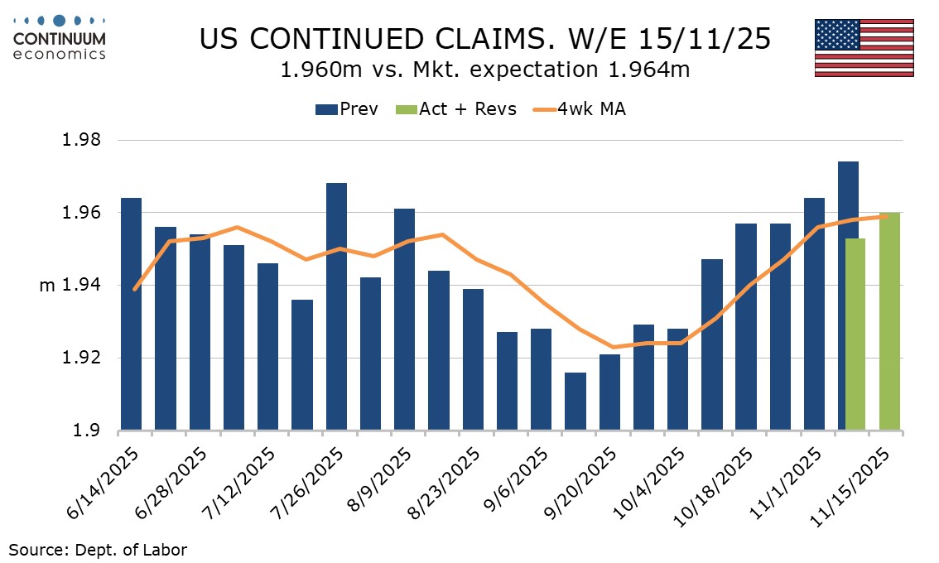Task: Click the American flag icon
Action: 864,47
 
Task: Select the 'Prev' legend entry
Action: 348,109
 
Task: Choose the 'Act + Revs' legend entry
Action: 456,109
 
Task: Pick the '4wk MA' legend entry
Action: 579,109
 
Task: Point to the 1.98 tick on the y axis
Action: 83,140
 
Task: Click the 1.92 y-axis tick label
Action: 83,358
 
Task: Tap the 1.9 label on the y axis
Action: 89,431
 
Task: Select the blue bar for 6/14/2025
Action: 131,315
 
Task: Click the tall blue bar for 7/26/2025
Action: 336,306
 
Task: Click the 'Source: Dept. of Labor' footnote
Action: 99,549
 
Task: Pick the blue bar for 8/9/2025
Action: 404,320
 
